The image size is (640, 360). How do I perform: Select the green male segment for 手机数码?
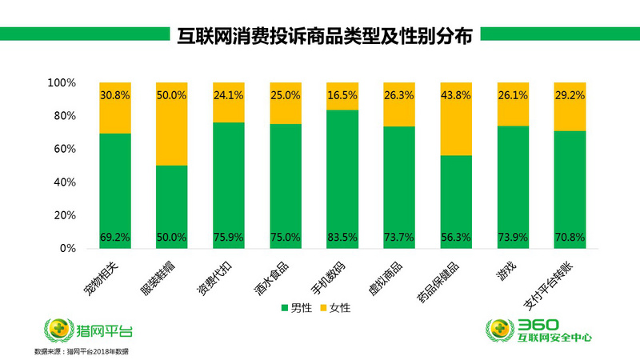342,176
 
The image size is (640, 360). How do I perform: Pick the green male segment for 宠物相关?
115,188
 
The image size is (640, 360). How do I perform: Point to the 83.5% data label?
342,238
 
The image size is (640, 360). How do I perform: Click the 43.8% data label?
456,94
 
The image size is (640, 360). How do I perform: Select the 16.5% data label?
342,94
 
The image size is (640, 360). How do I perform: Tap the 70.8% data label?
570,238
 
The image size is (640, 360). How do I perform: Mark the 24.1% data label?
229,94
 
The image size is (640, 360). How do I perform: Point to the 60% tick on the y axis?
62,150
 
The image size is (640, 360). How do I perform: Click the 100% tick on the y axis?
60,83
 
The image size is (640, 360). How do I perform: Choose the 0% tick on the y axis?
66,249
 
